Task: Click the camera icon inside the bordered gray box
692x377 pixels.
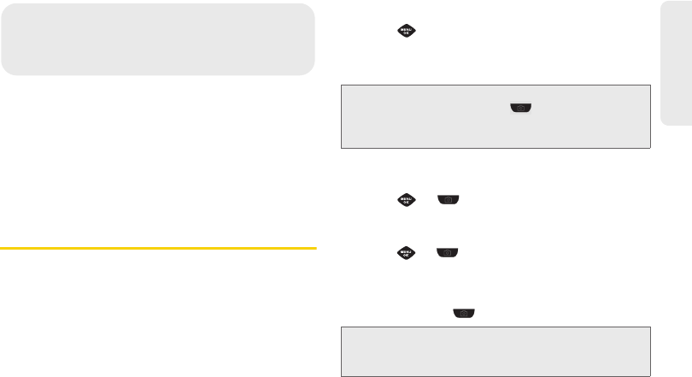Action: [519, 109]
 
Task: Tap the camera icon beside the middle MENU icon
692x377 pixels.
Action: [449, 200]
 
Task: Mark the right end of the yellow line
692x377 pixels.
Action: [315, 248]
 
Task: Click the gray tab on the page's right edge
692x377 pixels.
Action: [677, 63]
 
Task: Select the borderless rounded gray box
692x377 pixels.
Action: [157, 39]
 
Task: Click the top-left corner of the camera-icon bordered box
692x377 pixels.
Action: [341, 85]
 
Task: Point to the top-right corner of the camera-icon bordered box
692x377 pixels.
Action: [651, 85]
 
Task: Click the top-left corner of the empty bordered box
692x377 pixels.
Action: [341, 326]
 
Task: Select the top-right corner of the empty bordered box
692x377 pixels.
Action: [651, 326]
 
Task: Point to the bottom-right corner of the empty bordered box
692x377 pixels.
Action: [651, 375]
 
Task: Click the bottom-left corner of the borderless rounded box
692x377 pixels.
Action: [4, 74]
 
